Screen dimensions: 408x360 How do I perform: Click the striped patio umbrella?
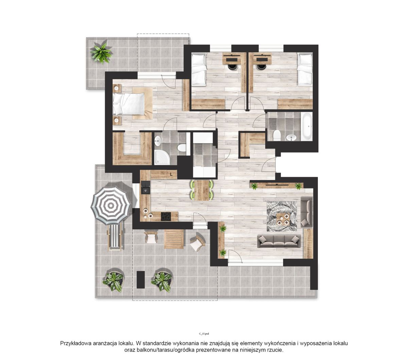[x=111, y=205]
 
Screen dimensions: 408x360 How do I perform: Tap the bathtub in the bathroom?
[x=306, y=126]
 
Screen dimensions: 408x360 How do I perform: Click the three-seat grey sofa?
[x=279, y=241]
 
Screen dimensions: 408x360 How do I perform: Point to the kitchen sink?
[x=146, y=187]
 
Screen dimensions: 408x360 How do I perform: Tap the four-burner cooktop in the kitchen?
[x=166, y=217]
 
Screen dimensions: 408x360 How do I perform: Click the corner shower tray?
[x=162, y=158]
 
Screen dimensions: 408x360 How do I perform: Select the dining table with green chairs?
[x=202, y=190]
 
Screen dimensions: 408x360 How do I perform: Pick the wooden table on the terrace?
[x=174, y=239]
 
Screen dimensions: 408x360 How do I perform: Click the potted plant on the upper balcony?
[x=101, y=52]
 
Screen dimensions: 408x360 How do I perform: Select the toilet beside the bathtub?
[x=277, y=135]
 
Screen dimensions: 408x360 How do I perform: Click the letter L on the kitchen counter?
[x=171, y=174]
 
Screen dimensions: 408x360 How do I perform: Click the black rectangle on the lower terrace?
[x=140, y=280]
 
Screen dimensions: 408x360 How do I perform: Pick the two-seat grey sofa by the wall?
[x=306, y=212]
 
